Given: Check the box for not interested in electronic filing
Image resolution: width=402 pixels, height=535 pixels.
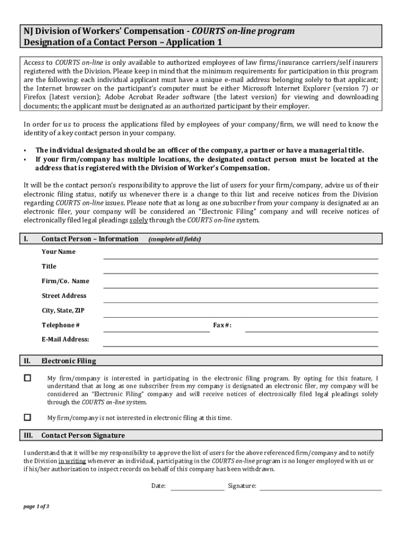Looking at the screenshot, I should pos(28,417).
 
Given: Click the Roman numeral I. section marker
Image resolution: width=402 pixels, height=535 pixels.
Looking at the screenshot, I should pos(26,239).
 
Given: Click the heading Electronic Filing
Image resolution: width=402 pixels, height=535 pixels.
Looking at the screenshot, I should pos(68,361).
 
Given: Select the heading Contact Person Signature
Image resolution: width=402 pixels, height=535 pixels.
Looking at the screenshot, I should pos(83,436).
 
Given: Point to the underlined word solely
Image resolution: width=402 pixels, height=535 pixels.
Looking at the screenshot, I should pos(138,220).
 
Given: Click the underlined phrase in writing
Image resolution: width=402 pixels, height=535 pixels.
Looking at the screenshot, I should pos(72,461).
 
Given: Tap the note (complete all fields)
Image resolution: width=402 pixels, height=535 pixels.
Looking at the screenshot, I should pos(174,239).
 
